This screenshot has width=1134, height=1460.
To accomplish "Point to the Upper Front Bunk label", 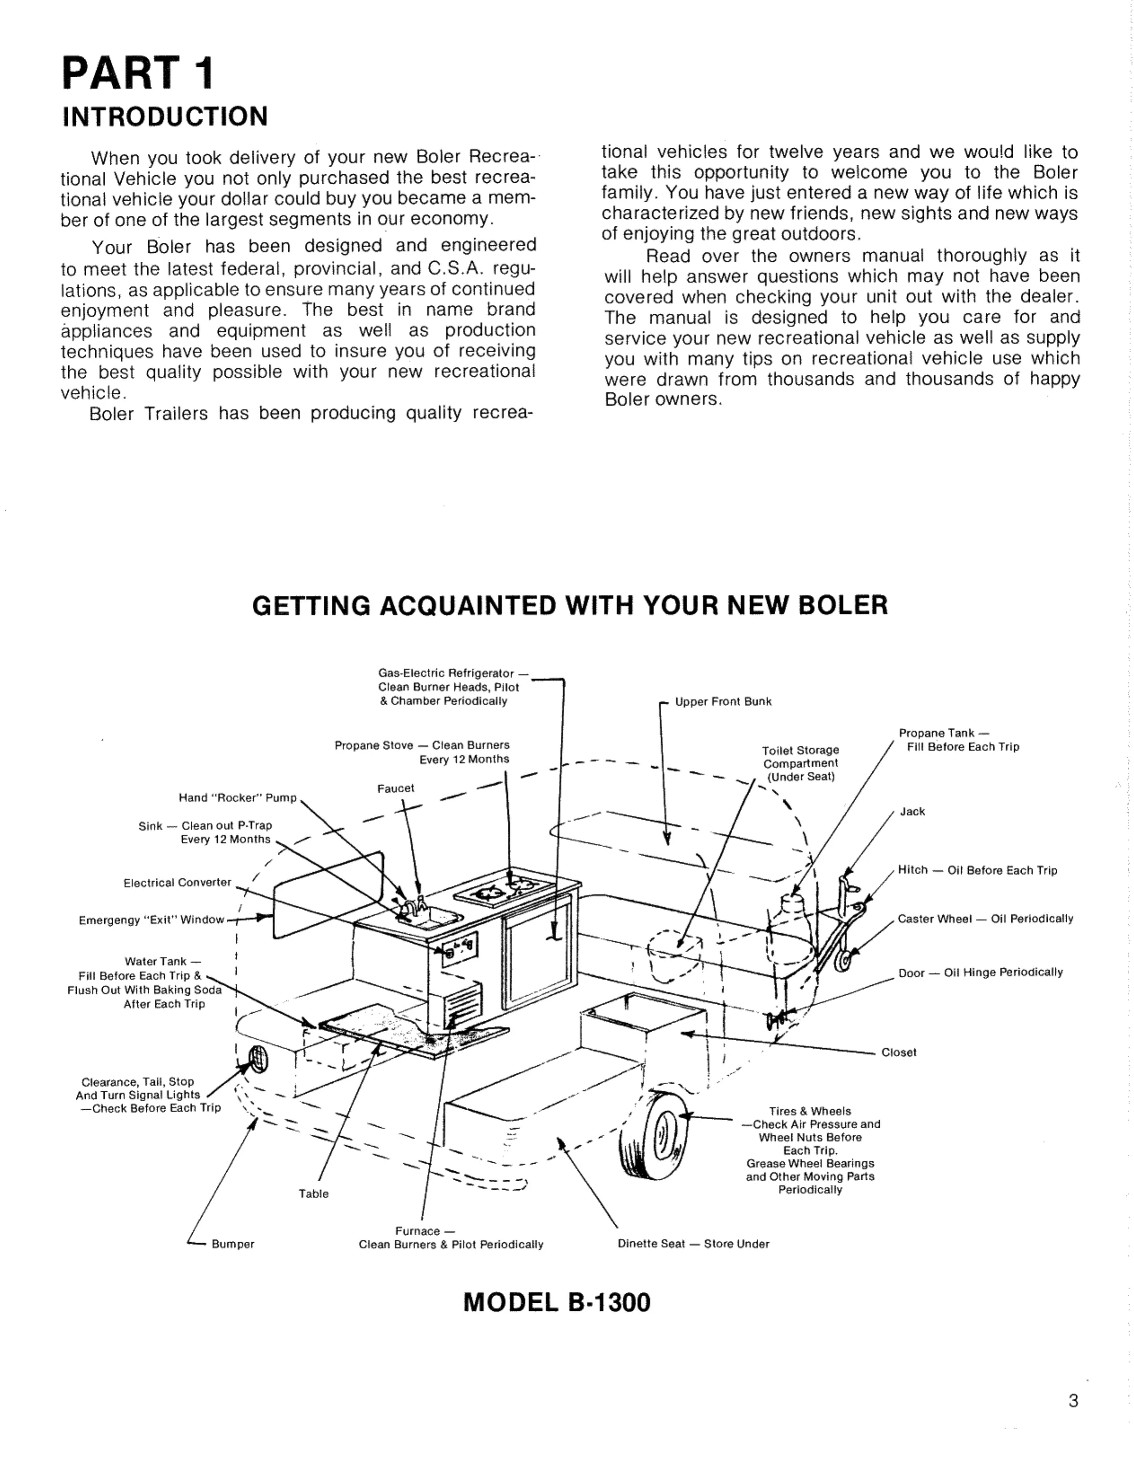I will tap(723, 701).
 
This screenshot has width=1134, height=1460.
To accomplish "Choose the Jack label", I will tap(912, 812).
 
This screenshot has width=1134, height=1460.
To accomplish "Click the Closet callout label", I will tap(899, 1052).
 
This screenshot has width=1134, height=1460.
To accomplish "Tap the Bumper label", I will tap(233, 1244).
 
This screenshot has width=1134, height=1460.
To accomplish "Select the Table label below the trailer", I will tap(314, 1193).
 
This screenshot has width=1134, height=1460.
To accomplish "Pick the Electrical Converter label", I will tap(177, 883).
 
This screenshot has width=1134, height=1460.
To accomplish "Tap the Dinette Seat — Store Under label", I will tap(693, 1244).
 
